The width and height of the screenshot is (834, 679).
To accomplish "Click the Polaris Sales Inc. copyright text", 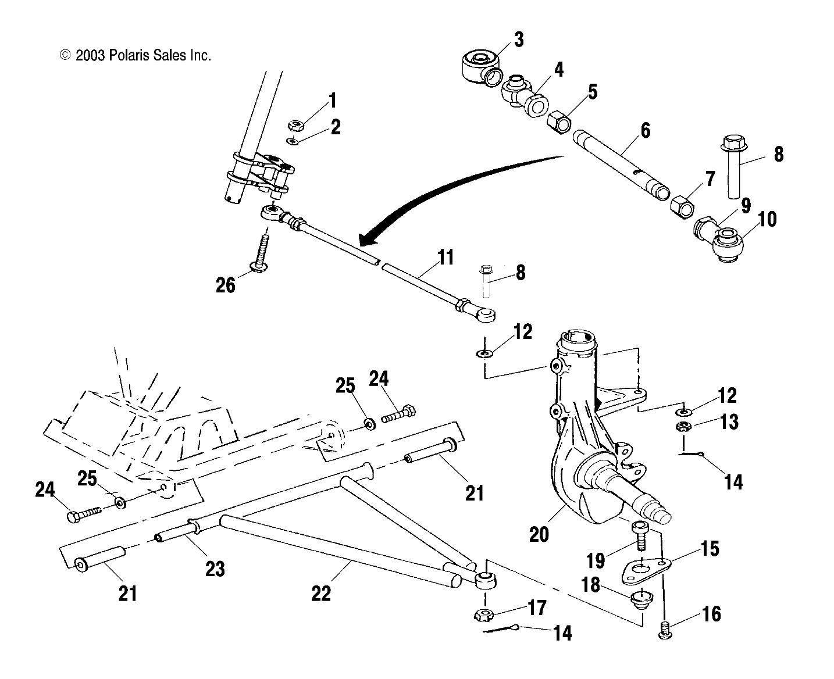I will pos(135,56).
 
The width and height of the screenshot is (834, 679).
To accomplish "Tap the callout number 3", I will pos(518,40).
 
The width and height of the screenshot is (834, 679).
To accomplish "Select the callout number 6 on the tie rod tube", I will pos(645,130).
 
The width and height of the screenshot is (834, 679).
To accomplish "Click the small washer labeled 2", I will pos(293,141).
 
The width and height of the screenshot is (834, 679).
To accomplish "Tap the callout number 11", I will pos(445,257).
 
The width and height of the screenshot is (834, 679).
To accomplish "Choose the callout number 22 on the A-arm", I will pos(320,593).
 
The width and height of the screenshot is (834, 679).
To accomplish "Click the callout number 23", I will pos(215,568).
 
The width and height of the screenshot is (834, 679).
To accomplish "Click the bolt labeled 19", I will pos(641,535).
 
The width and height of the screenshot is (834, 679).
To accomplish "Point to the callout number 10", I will pos(767,220).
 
